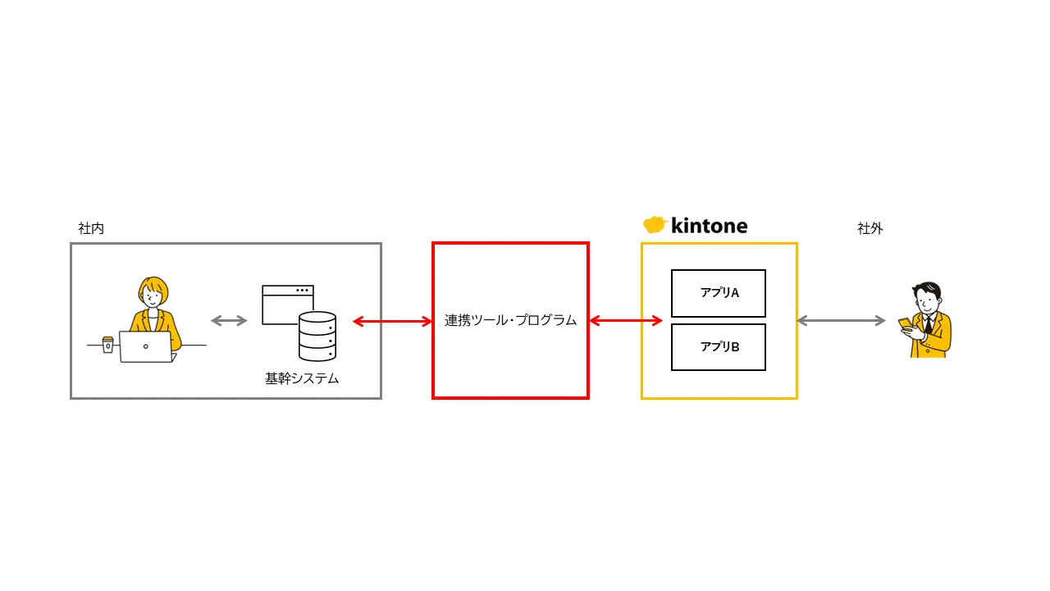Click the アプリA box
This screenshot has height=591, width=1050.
[719, 293]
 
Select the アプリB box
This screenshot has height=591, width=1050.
[719, 347]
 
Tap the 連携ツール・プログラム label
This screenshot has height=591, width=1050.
[510, 321]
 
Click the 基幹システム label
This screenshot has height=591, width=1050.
[302, 379]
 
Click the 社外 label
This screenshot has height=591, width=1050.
[870, 229]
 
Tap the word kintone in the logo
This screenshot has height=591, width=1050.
[709, 226]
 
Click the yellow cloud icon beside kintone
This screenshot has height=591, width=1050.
[654, 225]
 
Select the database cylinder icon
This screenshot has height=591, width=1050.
[317, 337]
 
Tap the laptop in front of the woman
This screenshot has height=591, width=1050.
[146, 346]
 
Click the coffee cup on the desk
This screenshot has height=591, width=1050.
[107, 344]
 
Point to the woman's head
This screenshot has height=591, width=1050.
[153, 292]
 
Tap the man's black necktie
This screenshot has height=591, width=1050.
[928, 326]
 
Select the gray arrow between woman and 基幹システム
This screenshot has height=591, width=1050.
[229, 321]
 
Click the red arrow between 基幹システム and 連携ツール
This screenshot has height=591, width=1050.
[392, 322]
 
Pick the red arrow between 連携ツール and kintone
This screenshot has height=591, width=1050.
[626, 321]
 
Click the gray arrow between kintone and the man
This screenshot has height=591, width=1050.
[842, 321]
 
